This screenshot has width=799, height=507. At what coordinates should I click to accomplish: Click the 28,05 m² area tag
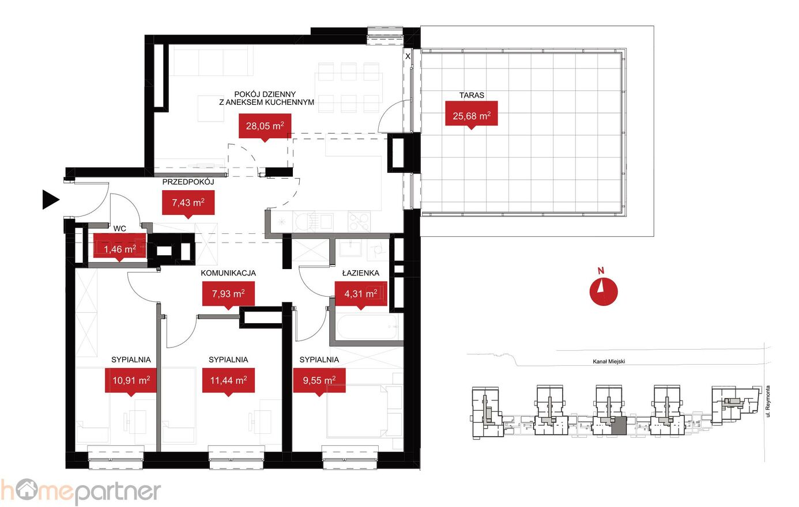265,126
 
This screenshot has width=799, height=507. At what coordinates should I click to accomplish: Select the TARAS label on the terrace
472,95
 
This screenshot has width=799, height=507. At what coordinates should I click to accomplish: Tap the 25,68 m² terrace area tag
472,113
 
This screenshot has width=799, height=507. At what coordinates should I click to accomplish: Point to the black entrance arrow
51,200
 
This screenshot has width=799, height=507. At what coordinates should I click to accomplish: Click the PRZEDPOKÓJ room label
188,182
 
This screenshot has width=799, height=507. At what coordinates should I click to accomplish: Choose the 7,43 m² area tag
188,203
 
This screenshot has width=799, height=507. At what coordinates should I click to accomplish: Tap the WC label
119,229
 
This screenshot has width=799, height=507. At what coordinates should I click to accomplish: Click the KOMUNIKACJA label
228,273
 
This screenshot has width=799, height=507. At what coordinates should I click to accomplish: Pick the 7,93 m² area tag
228,294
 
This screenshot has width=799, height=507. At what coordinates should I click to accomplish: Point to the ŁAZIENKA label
361,273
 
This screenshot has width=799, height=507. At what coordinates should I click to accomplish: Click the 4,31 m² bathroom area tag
361,294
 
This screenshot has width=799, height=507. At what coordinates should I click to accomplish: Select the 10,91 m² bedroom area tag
131,381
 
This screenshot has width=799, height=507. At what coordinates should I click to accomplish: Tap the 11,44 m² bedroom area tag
228,381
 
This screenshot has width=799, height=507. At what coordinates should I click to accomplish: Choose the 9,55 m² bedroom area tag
319,381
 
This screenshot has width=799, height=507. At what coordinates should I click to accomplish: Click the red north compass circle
603,292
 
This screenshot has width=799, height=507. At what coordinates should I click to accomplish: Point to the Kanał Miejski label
609,362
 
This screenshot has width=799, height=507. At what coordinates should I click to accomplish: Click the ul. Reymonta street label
768,401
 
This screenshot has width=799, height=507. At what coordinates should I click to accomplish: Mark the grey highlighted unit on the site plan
619,425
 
